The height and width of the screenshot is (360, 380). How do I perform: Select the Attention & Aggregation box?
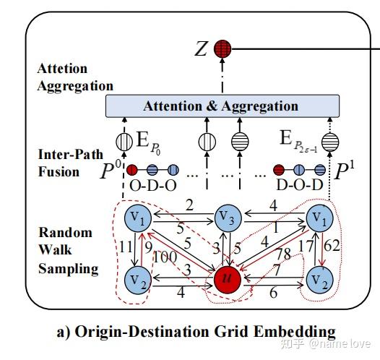(x=220, y=106)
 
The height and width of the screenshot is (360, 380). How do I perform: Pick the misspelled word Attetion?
(x=61, y=69)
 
